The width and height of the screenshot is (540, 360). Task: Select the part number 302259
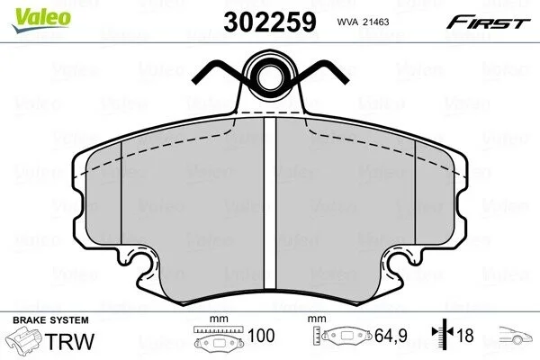(270, 22)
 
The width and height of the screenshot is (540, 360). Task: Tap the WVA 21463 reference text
(363, 22)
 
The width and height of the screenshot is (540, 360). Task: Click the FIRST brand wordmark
(488, 22)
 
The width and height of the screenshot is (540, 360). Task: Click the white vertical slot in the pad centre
(270, 204)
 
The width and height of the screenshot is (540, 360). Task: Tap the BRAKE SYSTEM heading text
(50, 320)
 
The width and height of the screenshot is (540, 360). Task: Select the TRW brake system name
(69, 341)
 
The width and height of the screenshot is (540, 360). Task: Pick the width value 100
(261, 336)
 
